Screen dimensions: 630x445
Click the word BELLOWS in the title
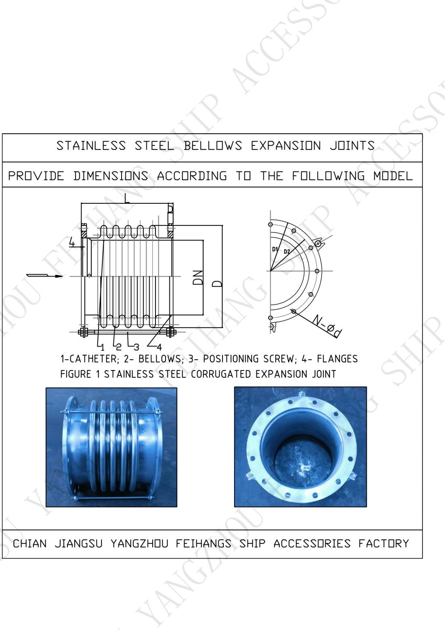[213, 146]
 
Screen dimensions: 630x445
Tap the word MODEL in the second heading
[393, 176]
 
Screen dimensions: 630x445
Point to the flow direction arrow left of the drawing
[45, 276]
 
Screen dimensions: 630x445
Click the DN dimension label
[198, 278]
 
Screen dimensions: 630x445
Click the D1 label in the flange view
[275, 249]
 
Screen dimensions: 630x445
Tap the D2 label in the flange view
[287, 252]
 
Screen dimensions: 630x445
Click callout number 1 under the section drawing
[103, 347]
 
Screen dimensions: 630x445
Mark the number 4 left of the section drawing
[72, 242]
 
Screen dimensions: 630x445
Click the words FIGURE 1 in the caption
[76, 374]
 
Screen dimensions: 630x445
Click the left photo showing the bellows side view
[111, 447]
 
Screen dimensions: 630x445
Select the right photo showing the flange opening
[300, 447]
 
